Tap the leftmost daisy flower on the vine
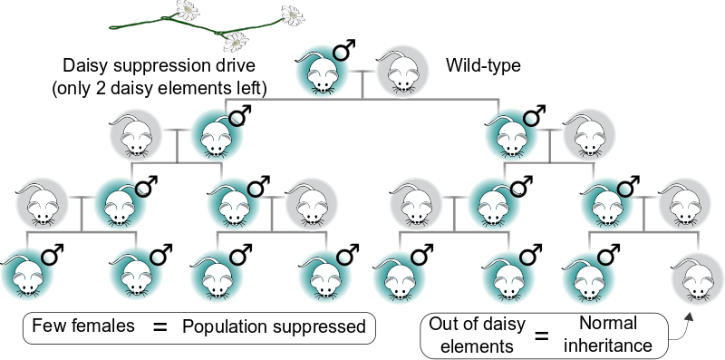(x=192, y=11)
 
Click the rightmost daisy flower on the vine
(x=292, y=15)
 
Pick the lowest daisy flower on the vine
(x=238, y=41)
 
